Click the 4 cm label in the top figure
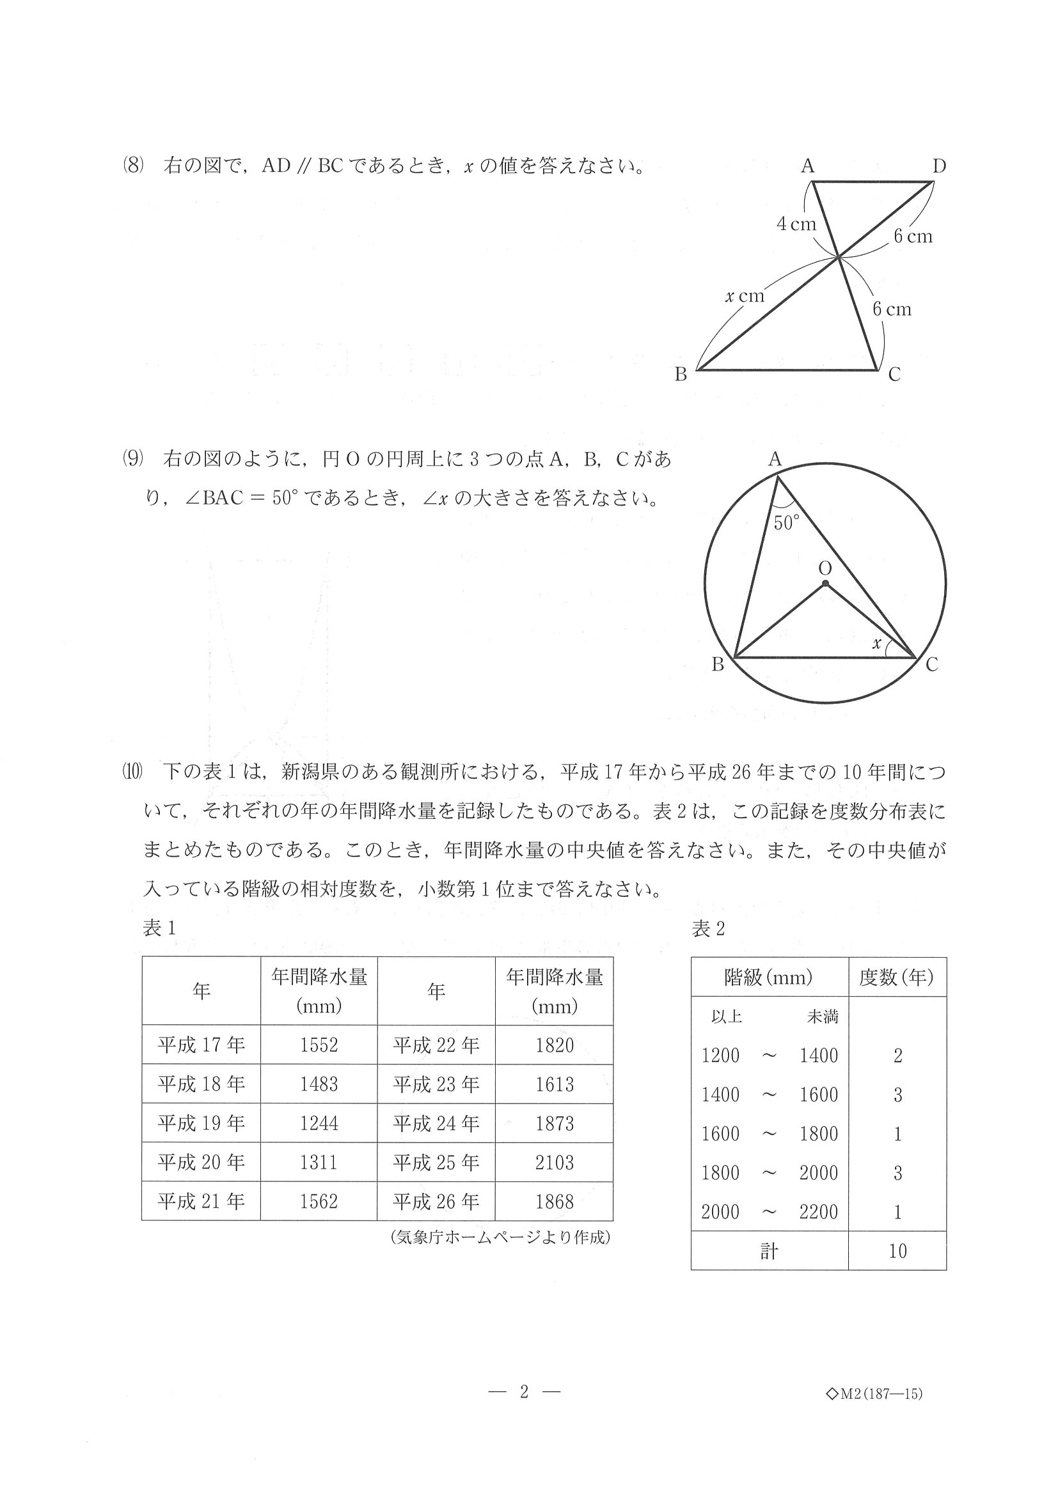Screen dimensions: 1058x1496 pos(796,224)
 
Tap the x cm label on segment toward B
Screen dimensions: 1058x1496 pos(745,297)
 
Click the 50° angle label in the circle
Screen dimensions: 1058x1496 pos(786,522)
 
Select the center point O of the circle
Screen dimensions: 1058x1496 pos(825,583)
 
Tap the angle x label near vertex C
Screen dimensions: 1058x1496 pos(877,644)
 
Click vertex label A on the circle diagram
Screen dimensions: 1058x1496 pos(775,460)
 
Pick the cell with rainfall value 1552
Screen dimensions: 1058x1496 pos(319,1045)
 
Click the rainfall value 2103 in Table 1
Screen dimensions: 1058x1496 pos(554,1162)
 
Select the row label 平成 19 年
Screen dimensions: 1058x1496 pos(201,1123)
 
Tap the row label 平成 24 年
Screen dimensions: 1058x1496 pos(436,1123)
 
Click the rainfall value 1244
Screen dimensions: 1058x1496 pos(319,1123)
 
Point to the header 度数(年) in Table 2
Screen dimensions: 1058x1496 pos(896,978)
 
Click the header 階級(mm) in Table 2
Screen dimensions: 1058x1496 pos(769,978)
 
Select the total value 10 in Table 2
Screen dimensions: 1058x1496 pos(897,1251)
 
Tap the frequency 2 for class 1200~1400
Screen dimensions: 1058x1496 pos(897,1056)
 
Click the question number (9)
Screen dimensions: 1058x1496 pos(132,460)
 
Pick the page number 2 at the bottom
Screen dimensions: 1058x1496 pos(523,1392)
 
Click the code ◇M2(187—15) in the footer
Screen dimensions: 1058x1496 pos(874,1394)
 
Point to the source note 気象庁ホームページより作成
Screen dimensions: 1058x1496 pos(500,1238)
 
